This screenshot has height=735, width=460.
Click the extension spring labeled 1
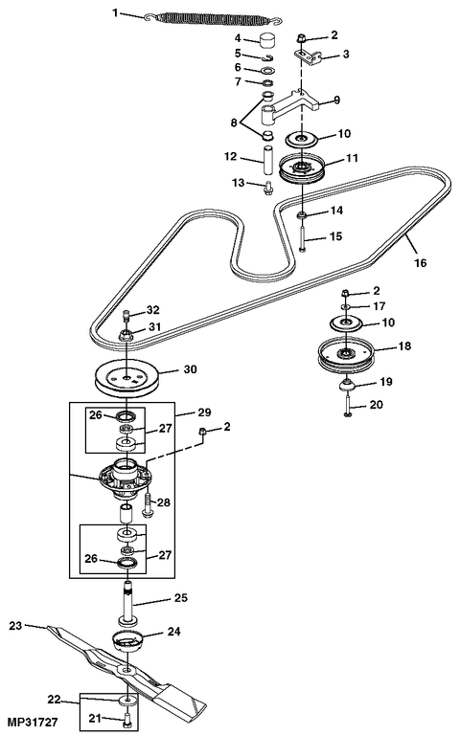[214, 18]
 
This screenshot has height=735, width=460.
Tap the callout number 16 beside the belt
[421, 262]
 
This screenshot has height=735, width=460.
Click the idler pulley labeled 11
[301, 168]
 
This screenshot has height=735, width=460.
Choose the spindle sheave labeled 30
[127, 378]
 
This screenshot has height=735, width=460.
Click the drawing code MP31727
[33, 722]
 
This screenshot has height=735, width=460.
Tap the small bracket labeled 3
[307, 56]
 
